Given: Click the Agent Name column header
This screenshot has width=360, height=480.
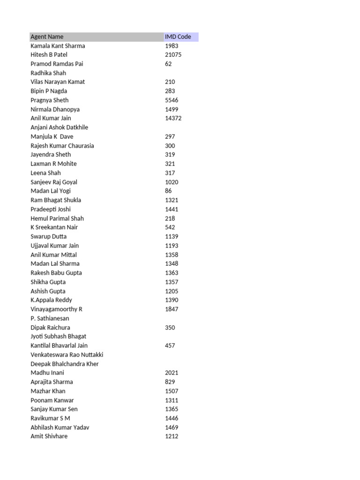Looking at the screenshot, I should [47, 37].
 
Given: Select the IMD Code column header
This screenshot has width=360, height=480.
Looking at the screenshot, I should [178, 37].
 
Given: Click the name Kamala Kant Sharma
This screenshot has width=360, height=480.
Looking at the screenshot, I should [58, 46].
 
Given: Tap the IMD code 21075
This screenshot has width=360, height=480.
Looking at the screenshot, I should [173, 55].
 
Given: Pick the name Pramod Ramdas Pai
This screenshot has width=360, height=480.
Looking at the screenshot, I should [57, 64].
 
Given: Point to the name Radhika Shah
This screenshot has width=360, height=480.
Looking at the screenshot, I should [48, 73].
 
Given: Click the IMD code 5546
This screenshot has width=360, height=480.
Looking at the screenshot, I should [172, 100].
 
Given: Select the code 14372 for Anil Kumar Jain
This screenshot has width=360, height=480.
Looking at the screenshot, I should [173, 118].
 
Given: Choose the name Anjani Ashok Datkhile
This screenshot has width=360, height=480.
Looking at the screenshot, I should [59, 127].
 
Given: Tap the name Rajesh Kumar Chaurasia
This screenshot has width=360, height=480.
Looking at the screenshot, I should [62, 146].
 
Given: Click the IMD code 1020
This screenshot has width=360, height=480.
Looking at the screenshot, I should [172, 182].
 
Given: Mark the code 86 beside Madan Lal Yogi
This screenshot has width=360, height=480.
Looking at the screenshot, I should [168, 191].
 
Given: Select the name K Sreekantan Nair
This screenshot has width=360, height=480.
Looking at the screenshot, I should [54, 227].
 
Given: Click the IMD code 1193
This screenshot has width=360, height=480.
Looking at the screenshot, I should [172, 246].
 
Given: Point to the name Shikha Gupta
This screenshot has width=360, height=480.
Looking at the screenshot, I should [48, 282].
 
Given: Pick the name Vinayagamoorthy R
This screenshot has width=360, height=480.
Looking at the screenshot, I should [56, 309].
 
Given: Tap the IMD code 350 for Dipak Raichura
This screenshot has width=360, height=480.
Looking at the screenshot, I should [170, 328].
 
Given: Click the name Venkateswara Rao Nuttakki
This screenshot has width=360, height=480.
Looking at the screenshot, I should [67, 355].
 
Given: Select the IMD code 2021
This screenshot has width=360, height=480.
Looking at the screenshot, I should [172, 373].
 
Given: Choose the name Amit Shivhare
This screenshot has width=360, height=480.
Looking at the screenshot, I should [49, 436].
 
